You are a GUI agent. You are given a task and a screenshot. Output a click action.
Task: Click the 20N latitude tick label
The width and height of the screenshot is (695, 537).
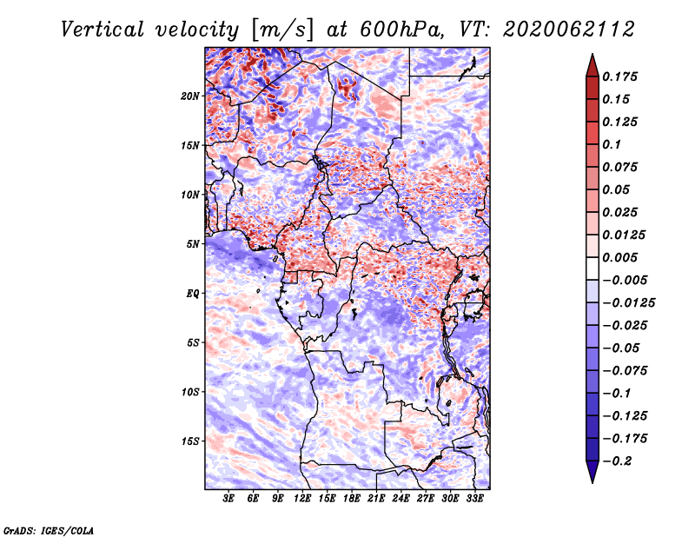(x=190, y=96)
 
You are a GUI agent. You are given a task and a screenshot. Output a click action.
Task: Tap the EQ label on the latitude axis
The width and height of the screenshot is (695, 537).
(x=193, y=294)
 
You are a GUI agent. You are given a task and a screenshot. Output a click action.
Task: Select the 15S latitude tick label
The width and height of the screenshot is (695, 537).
(x=190, y=441)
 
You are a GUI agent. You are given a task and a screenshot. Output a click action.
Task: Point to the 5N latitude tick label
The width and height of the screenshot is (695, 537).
(x=193, y=244)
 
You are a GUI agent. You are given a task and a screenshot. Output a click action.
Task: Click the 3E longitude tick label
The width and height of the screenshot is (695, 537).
(x=228, y=499)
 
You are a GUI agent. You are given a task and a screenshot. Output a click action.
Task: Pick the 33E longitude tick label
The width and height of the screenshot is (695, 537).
(x=474, y=499)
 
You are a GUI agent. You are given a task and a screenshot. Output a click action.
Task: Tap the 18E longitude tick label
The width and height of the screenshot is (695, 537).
(x=352, y=499)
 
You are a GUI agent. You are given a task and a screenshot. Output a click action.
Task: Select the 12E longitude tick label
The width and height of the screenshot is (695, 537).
(x=302, y=499)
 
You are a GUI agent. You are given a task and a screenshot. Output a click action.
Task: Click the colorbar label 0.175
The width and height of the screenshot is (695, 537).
(x=619, y=76)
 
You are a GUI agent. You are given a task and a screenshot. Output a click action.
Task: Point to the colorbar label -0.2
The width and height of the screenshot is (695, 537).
(x=617, y=461)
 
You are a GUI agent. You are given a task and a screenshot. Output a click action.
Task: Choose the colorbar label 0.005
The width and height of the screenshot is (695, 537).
(x=619, y=257)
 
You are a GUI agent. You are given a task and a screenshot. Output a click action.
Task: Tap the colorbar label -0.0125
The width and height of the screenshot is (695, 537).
(x=629, y=303)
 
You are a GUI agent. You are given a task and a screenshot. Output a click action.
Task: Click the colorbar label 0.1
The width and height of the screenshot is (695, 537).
(x=612, y=144)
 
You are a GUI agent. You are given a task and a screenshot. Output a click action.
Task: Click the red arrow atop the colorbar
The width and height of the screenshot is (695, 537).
(x=592, y=65)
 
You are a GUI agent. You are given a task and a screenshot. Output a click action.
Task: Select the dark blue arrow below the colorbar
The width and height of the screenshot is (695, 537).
(x=592, y=472)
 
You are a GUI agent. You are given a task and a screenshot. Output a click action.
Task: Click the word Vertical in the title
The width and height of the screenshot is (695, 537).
(x=102, y=30)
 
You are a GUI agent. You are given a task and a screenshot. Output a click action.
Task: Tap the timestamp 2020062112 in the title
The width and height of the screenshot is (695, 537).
(x=569, y=30)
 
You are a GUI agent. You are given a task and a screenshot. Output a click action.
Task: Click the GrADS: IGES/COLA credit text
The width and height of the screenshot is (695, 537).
(x=49, y=530)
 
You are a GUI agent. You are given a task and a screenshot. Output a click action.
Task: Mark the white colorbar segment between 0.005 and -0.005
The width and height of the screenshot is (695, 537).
(x=592, y=268)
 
